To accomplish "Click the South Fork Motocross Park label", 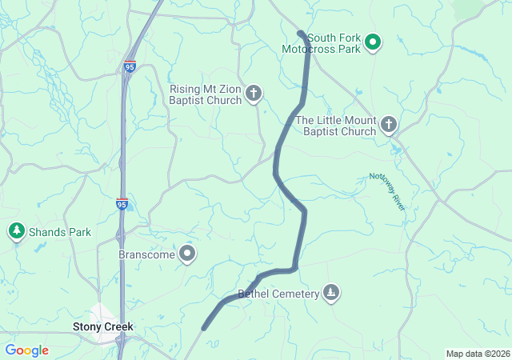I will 322,42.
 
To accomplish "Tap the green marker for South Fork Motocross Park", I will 372,42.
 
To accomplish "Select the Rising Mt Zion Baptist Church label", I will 206,94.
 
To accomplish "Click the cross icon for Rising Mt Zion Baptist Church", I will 254,94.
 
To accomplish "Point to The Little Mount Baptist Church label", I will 335,126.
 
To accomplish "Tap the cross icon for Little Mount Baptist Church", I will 388,124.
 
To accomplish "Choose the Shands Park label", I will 60,232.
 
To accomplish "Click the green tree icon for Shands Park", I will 16,231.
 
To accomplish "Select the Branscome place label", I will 146,254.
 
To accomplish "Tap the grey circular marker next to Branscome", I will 188,254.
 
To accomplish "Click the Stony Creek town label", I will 102,326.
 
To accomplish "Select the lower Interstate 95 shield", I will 122,203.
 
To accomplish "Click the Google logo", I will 26,350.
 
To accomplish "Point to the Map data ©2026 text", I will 477,354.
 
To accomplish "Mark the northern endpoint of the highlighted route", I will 300,34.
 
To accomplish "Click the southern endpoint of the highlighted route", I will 204,327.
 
